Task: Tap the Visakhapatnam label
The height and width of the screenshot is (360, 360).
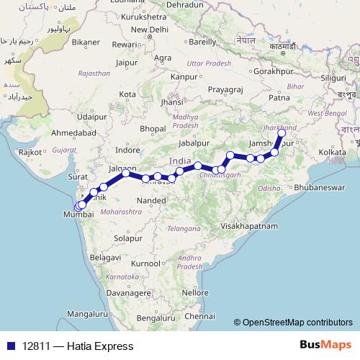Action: pos(250,225)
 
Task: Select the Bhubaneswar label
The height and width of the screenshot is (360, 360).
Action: pos(323,186)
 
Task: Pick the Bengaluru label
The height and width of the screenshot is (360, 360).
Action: pos(156,318)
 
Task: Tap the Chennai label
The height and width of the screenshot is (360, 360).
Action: pos(199,316)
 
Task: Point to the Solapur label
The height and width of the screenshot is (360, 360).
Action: pos(129,237)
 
